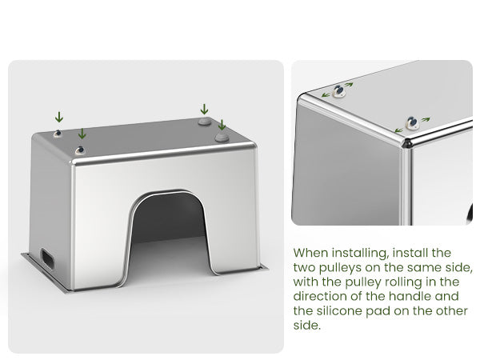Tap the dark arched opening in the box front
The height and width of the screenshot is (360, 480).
point(169,226)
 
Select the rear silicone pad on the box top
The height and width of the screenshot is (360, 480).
point(205,122)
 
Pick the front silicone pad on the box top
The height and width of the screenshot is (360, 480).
point(222,138)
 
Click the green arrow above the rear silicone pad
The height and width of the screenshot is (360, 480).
point(204,110)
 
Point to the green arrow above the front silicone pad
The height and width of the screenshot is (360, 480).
point(222,125)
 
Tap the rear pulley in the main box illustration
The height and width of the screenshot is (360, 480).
point(58,134)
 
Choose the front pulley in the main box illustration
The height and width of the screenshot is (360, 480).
point(79,150)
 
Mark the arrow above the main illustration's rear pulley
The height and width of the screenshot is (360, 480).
point(59,118)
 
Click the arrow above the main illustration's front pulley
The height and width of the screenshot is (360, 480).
point(82,134)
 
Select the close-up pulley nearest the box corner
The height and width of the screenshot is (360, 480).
point(412,122)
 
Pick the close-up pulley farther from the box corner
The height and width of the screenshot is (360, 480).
point(339,91)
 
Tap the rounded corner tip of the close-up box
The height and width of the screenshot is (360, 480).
point(407,143)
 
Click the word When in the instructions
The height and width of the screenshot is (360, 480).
point(311,253)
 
